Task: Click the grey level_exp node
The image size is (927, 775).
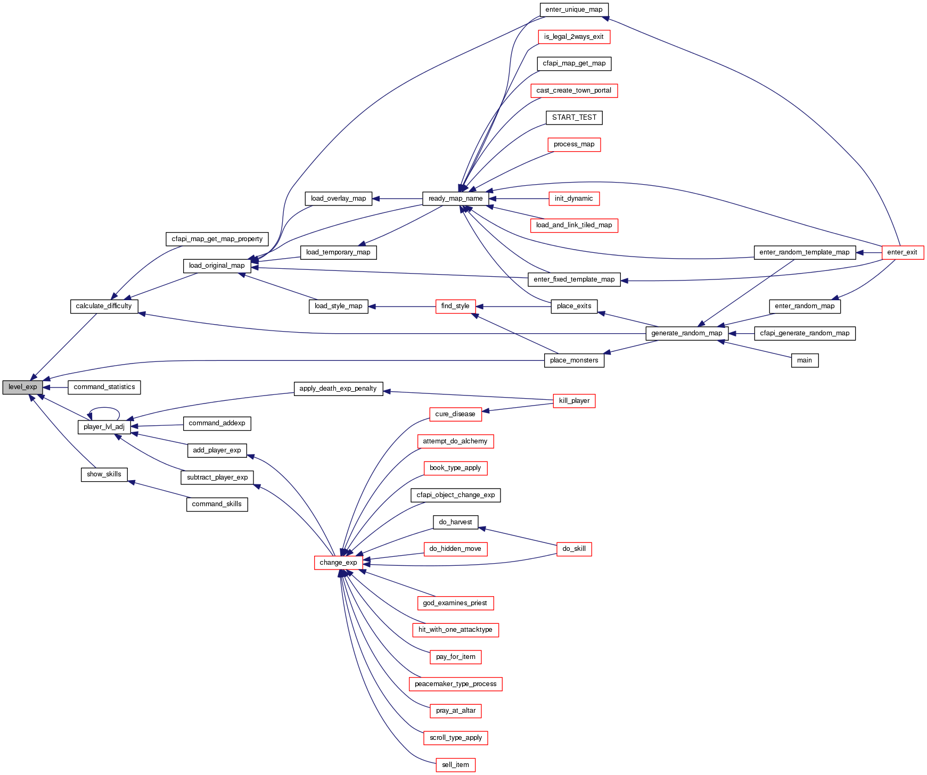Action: coord(22,387)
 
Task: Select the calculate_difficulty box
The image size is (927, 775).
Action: coord(104,306)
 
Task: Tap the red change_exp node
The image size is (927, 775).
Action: coord(338,563)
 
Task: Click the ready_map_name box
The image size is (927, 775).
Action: coord(455,199)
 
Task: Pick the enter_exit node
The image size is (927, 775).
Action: coord(902,252)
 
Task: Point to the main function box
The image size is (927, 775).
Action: coord(804,360)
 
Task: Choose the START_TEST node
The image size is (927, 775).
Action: coord(574,118)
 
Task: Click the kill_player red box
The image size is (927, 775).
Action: coord(574,401)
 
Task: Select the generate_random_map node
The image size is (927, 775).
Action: coord(686,333)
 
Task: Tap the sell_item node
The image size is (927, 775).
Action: coord(455,765)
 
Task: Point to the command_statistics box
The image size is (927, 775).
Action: coord(104,387)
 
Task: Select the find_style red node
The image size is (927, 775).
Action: coord(455,306)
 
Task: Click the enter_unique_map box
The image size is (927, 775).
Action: coord(573,10)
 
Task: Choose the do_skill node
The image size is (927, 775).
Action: coord(573,549)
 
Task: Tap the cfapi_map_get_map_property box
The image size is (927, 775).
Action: coord(217,239)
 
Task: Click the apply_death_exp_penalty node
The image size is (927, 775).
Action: coord(338,389)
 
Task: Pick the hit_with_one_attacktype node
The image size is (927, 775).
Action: coord(455,630)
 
